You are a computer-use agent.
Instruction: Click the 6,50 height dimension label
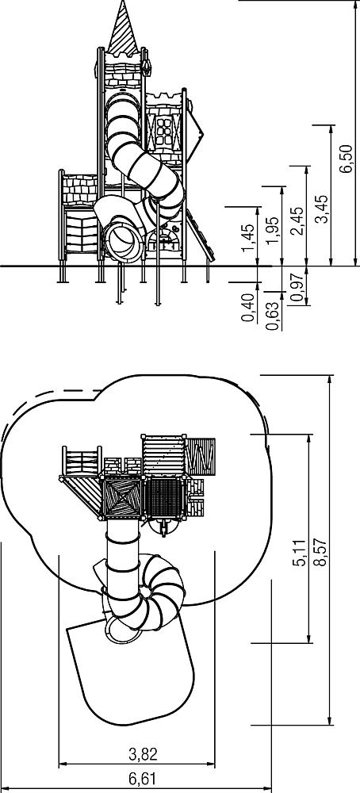(x=347, y=159)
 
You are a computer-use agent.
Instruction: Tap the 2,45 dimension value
(x=298, y=220)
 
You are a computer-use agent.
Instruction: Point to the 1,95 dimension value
(x=273, y=231)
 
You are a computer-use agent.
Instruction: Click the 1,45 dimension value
(x=247, y=236)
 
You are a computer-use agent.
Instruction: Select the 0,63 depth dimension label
(x=273, y=316)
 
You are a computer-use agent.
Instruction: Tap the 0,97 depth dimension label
(x=298, y=289)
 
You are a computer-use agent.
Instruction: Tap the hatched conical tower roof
(x=123, y=32)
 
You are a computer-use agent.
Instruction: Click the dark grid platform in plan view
(x=163, y=498)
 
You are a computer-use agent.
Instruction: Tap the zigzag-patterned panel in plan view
(x=200, y=457)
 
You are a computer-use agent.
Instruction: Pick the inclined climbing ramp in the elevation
(x=201, y=235)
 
